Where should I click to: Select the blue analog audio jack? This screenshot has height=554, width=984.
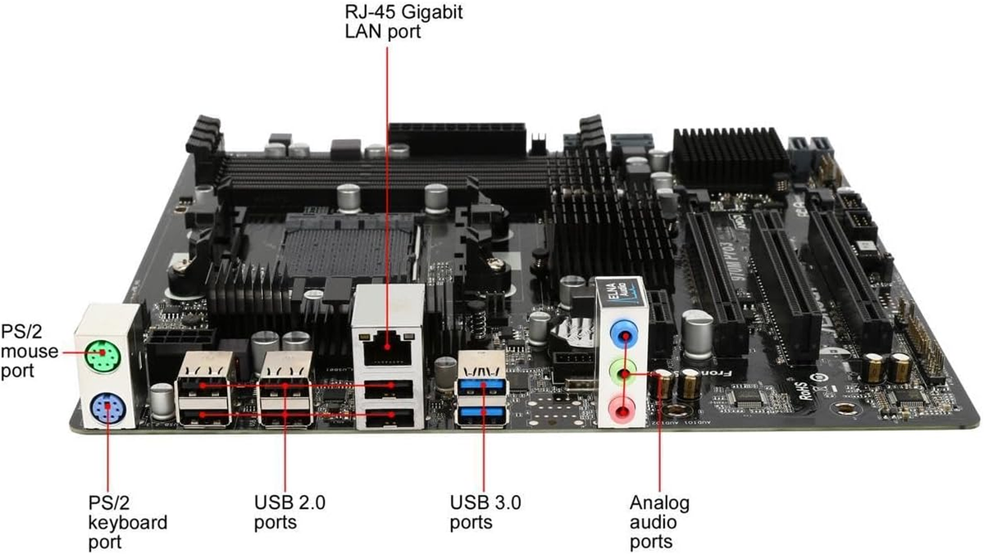point(626,334)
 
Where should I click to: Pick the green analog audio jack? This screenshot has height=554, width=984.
point(626,375)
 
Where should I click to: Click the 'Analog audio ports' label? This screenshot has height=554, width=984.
point(659,521)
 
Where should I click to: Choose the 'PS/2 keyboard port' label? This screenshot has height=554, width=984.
point(127,521)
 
